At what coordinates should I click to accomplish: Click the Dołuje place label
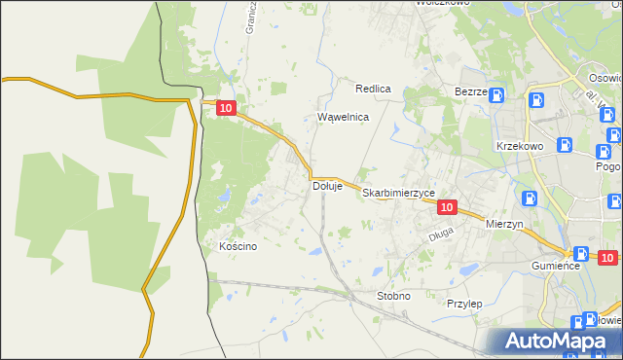[327, 186]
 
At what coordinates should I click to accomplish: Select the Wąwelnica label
[344, 117]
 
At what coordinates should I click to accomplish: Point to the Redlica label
[373, 89]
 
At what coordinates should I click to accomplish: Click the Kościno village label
[238, 246]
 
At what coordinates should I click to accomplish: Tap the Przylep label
[464, 304]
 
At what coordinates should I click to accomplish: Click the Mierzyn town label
[504, 223]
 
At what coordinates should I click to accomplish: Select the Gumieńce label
[556, 266]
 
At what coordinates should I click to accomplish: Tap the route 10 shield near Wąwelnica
[226, 111]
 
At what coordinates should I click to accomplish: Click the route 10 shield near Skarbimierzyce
[447, 207]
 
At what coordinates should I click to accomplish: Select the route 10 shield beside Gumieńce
[607, 258]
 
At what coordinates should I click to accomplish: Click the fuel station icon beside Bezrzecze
[496, 95]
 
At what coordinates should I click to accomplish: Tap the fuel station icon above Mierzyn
[530, 198]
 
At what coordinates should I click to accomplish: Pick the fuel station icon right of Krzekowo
[564, 145]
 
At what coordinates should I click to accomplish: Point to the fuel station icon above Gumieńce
[581, 252]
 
